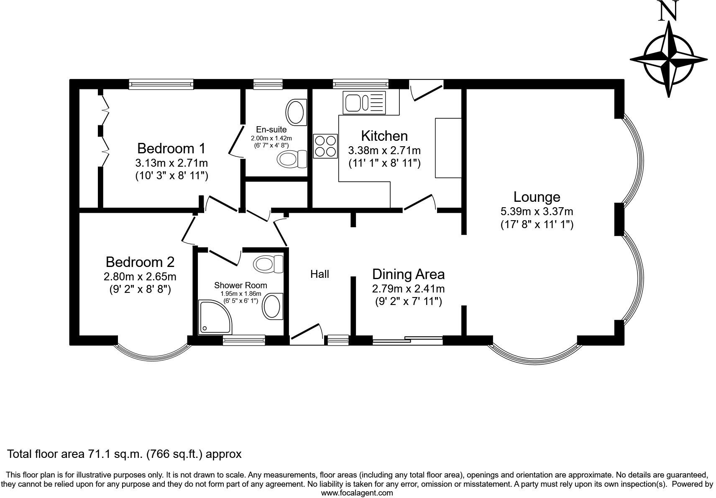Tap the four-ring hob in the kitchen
pyautogui.click(x=325, y=146)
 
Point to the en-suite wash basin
pyautogui.click(x=296, y=112)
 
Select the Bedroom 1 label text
pyautogui.click(x=171, y=148)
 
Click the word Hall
pyautogui.click(x=320, y=274)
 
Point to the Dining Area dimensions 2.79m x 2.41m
pyautogui.click(x=408, y=288)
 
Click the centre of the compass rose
pyautogui.click(x=668, y=60)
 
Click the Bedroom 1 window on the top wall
pyautogui.click(x=161, y=84)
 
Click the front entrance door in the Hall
pyautogui.click(x=307, y=334)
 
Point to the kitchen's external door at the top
pyautogui.click(x=426, y=89)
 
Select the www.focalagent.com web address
pyautogui.click(x=357, y=493)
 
